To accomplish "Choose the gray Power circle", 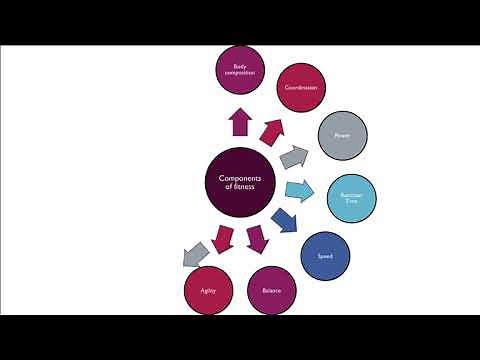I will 342,136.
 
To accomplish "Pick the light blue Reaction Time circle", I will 351,198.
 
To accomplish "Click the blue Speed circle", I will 325,256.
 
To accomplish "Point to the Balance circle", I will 271,290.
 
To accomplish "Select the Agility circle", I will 208,291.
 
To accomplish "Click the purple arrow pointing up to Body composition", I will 239,122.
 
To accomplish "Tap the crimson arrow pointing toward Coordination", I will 271,129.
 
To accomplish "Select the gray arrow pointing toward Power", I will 294,156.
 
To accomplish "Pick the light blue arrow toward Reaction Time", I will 300,191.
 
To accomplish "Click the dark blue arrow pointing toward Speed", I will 284,220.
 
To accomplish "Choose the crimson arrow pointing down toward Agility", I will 223,240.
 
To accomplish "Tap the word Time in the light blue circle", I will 351,202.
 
